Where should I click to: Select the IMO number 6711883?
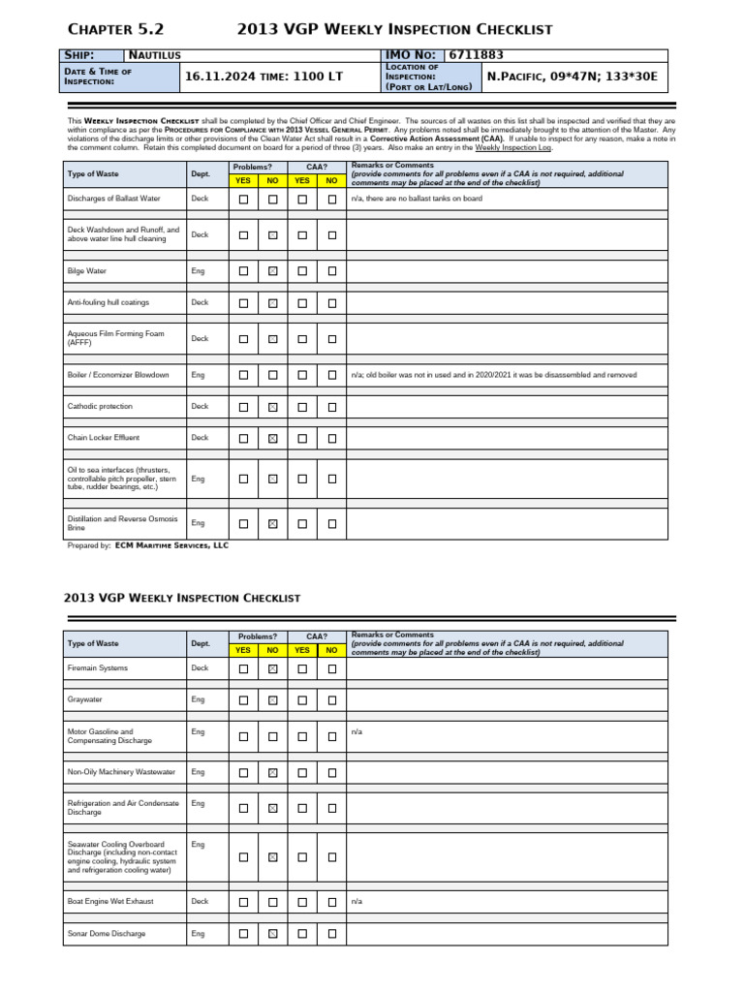[476, 56]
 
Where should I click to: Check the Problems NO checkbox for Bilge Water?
[273, 271]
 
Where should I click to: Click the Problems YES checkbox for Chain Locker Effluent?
[243, 438]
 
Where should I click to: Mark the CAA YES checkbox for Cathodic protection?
[302, 407]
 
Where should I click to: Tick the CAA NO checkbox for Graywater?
[332, 699]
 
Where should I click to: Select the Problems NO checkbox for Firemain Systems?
[273, 668]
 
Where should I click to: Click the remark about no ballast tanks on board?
[417, 199]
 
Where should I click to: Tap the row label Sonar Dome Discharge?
[107, 934]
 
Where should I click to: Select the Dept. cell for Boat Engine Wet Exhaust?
[200, 901]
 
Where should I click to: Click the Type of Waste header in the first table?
[93, 173]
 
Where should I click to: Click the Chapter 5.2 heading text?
[115, 29]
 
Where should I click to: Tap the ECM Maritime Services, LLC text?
[171, 545]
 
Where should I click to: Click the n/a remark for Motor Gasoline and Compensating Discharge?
[356, 731]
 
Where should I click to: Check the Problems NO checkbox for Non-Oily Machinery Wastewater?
[273, 772]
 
